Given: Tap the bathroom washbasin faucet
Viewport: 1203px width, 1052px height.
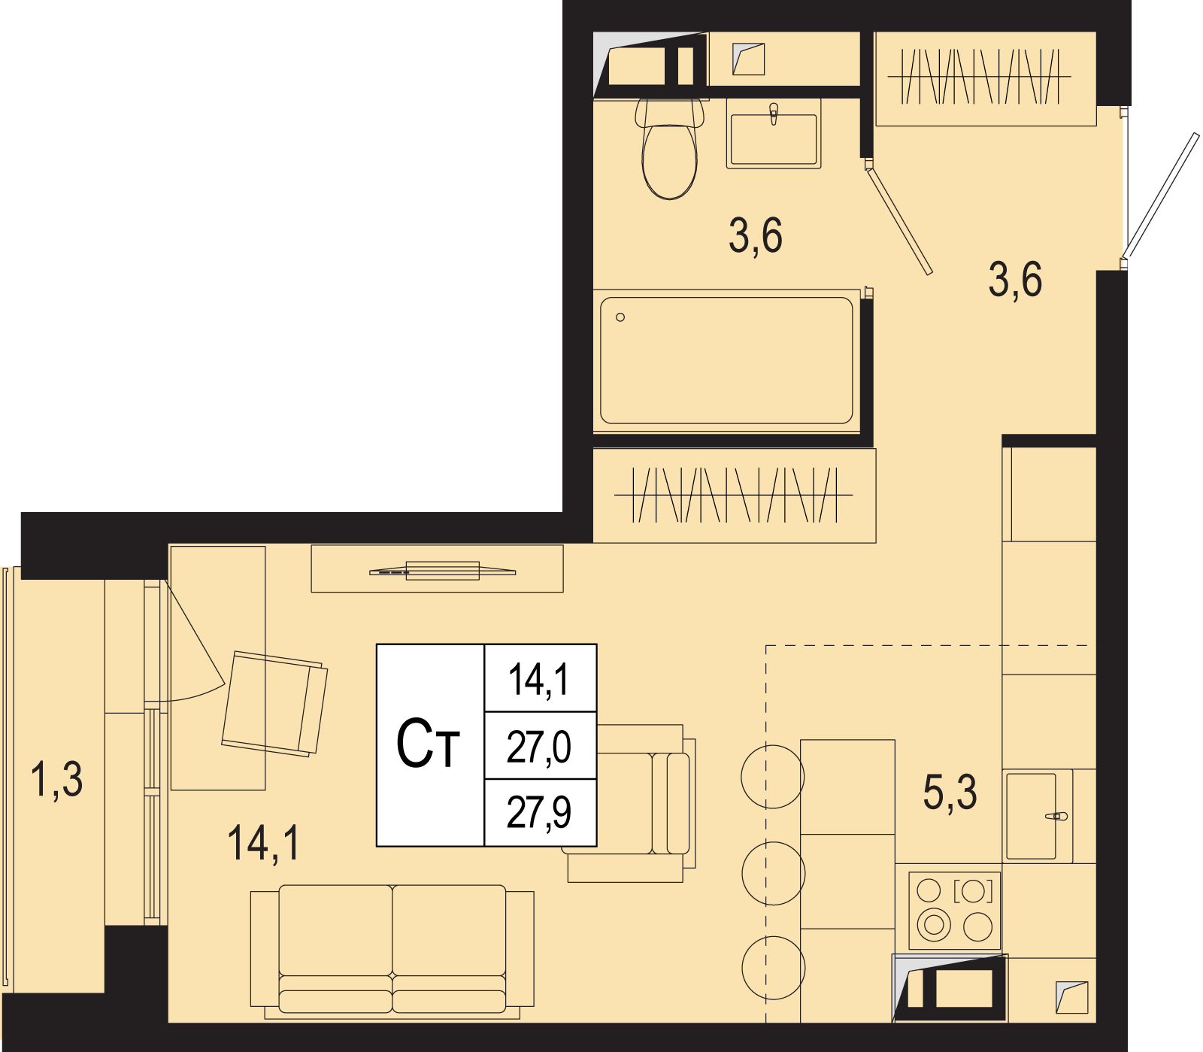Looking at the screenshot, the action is coord(774,114).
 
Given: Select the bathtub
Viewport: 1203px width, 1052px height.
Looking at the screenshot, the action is coord(726,361).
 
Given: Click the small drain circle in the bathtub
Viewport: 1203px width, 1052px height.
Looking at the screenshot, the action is coord(620,317).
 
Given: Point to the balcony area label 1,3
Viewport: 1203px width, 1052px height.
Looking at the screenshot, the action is coord(56,779).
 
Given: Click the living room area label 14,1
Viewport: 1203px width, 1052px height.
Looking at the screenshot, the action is coord(264,842).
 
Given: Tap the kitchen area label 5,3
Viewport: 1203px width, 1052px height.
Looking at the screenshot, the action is coord(950,793).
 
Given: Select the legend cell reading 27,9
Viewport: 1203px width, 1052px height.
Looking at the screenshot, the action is coord(540,813).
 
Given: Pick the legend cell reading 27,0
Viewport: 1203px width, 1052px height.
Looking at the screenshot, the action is coord(540,746).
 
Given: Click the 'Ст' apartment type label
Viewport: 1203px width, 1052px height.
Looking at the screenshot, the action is coord(428,744).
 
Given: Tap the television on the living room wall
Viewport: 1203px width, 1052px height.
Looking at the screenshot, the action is coord(443,571).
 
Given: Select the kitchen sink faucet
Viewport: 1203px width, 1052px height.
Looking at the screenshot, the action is coord(1056,816).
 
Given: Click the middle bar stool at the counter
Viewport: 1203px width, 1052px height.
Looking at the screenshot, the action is coord(774,873).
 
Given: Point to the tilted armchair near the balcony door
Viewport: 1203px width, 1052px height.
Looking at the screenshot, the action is coord(274,704).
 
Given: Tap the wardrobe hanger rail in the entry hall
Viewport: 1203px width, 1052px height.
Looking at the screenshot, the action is coord(980,77).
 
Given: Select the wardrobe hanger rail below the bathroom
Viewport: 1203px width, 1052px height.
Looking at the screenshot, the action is coord(734,495).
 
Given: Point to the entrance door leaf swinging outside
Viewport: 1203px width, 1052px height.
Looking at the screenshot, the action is coord(1161,196).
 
